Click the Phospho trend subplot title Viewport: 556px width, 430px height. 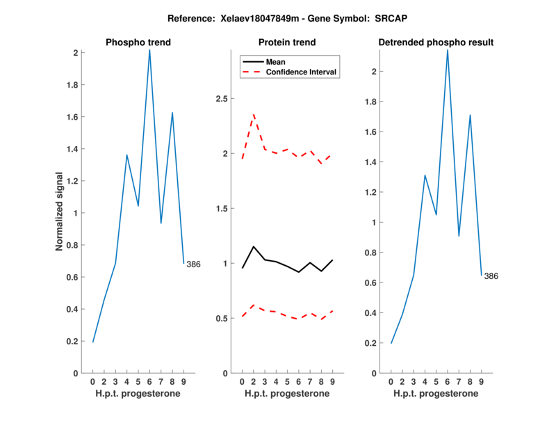[138, 42]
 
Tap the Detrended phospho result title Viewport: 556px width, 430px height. [436, 42]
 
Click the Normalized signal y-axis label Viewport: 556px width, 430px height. [60, 212]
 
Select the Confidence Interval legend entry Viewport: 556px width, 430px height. [302, 72]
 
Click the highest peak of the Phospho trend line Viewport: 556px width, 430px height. [149, 50]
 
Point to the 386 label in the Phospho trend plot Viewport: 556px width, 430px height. [193, 264]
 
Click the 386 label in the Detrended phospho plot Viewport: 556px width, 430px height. [491, 276]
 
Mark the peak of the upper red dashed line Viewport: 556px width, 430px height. [254, 114]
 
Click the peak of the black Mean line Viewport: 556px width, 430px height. [254, 246]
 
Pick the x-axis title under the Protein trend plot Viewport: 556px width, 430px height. [287, 394]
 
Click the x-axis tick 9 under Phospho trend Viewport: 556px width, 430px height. [183, 381]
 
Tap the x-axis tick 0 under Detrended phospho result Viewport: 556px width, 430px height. [391, 381]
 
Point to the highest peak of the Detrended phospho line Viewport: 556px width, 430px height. [448, 50]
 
